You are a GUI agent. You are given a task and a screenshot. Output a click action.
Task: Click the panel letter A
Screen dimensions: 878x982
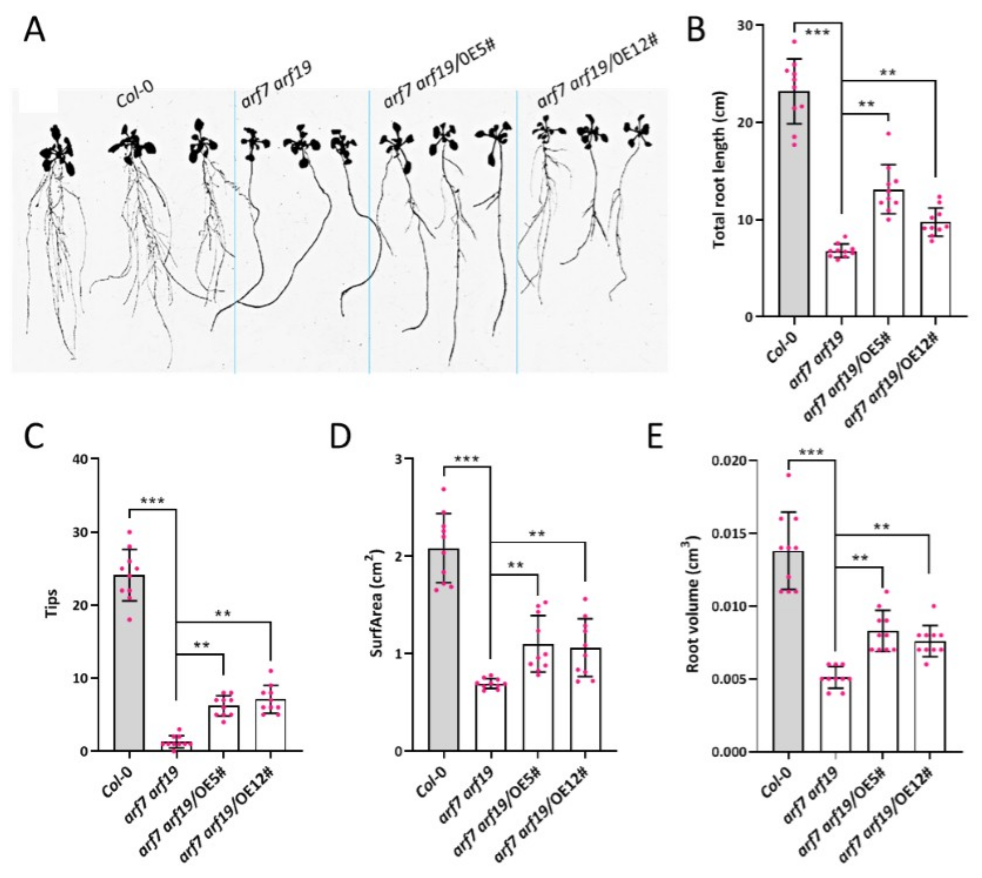pos(34,31)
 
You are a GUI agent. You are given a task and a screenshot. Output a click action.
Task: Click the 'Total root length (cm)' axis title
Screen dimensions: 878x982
pos(719,170)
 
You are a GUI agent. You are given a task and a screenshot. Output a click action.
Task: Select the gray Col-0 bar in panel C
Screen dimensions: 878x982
pos(129,663)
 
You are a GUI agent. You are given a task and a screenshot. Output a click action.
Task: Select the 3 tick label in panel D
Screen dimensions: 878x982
pos(399,459)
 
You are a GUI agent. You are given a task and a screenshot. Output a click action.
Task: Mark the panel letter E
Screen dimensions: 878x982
pos(656,438)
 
